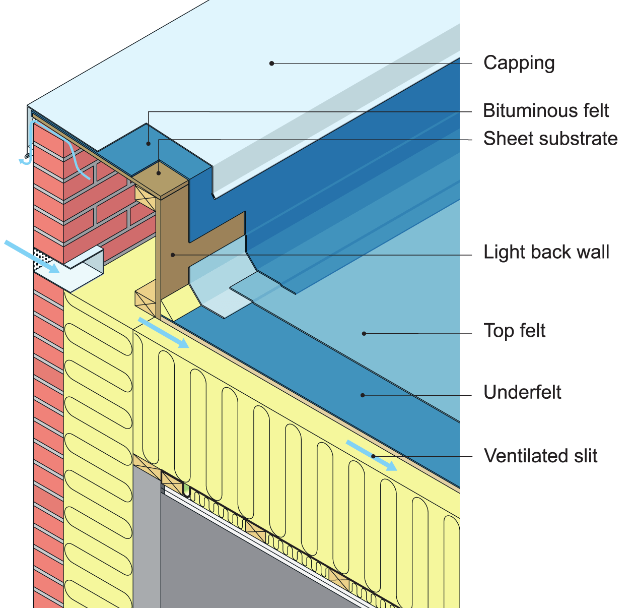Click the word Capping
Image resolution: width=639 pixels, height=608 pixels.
tap(519, 63)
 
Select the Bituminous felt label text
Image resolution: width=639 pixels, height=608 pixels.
tap(546, 110)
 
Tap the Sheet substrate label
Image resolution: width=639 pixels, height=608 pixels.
tap(550, 139)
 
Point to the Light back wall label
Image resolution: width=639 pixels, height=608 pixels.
tap(546, 252)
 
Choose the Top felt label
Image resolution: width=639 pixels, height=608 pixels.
tap(514, 331)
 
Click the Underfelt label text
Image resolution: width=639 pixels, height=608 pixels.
tap(522, 392)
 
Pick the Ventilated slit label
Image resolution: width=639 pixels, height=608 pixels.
tap(540, 456)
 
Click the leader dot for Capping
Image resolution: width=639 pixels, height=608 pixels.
tap(271, 64)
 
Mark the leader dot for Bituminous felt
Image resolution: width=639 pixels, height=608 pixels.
tap(149, 144)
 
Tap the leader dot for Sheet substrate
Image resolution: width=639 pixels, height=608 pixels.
tap(159, 173)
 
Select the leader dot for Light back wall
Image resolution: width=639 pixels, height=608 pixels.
tap(173, 255)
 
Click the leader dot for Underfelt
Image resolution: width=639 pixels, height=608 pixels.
tap(363, 395)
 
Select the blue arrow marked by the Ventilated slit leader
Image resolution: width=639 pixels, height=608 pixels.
tap(371, 455)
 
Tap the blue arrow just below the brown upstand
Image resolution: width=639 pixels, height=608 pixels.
tap(163, 333)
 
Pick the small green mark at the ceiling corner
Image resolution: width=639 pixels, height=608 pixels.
tap(186, 489)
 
